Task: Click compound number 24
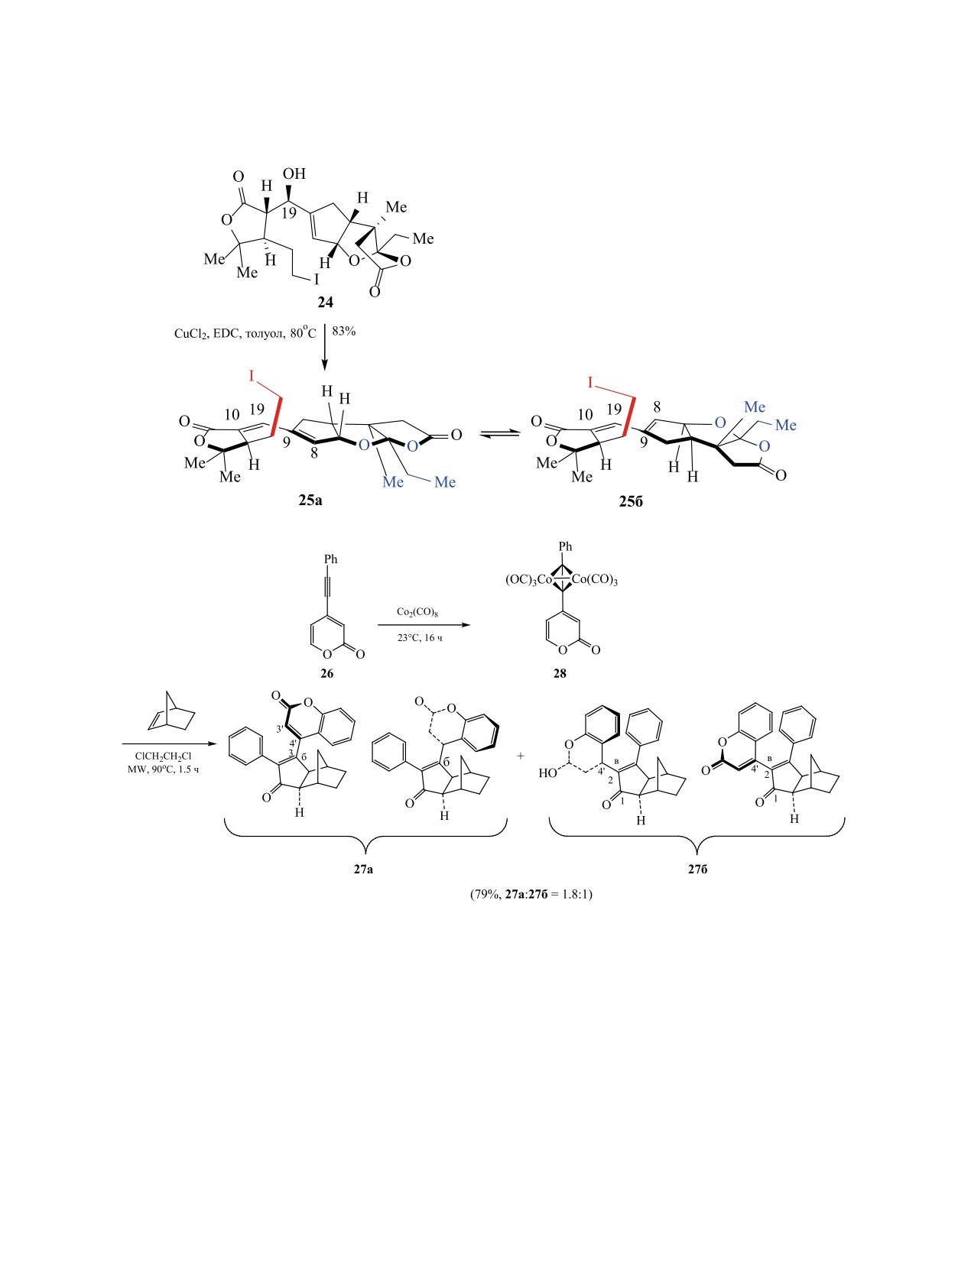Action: coord(326,303)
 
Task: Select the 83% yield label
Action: coord(344,332)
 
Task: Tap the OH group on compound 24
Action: coord(294,174)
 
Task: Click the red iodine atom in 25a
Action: coord(250,377)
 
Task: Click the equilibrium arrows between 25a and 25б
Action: coord(498,434)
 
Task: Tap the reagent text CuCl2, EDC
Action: coord(208,333)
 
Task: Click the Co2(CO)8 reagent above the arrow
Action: coord(417,612)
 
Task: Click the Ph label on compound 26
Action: coord(330,559)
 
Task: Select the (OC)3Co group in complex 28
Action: coord(528,580)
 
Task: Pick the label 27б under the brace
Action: coord(697,869)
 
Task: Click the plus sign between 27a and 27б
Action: coord(521,756)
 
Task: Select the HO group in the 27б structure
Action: coord(547,773)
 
